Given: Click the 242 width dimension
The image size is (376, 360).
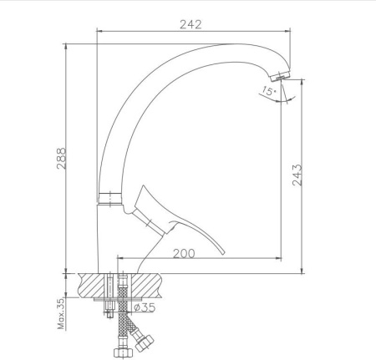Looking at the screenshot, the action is (x=191, y=24).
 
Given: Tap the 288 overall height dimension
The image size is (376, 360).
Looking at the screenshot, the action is (x=62, y=159).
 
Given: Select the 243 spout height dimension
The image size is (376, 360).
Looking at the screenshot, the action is (x=297, y=175).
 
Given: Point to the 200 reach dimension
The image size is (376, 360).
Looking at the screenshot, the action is (x=184, y=254).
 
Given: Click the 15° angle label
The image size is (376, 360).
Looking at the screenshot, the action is (x=269, y=91).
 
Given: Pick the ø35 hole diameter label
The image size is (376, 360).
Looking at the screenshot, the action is (x=145, y=307).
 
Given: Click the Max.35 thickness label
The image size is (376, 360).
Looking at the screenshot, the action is (x=61, y=313).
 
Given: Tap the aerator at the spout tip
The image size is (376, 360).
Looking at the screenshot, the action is (x=280, y=75).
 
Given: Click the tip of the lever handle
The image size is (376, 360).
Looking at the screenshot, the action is (x=223, y=253).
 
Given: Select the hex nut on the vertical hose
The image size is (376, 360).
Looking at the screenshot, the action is (x=123, y=352).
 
